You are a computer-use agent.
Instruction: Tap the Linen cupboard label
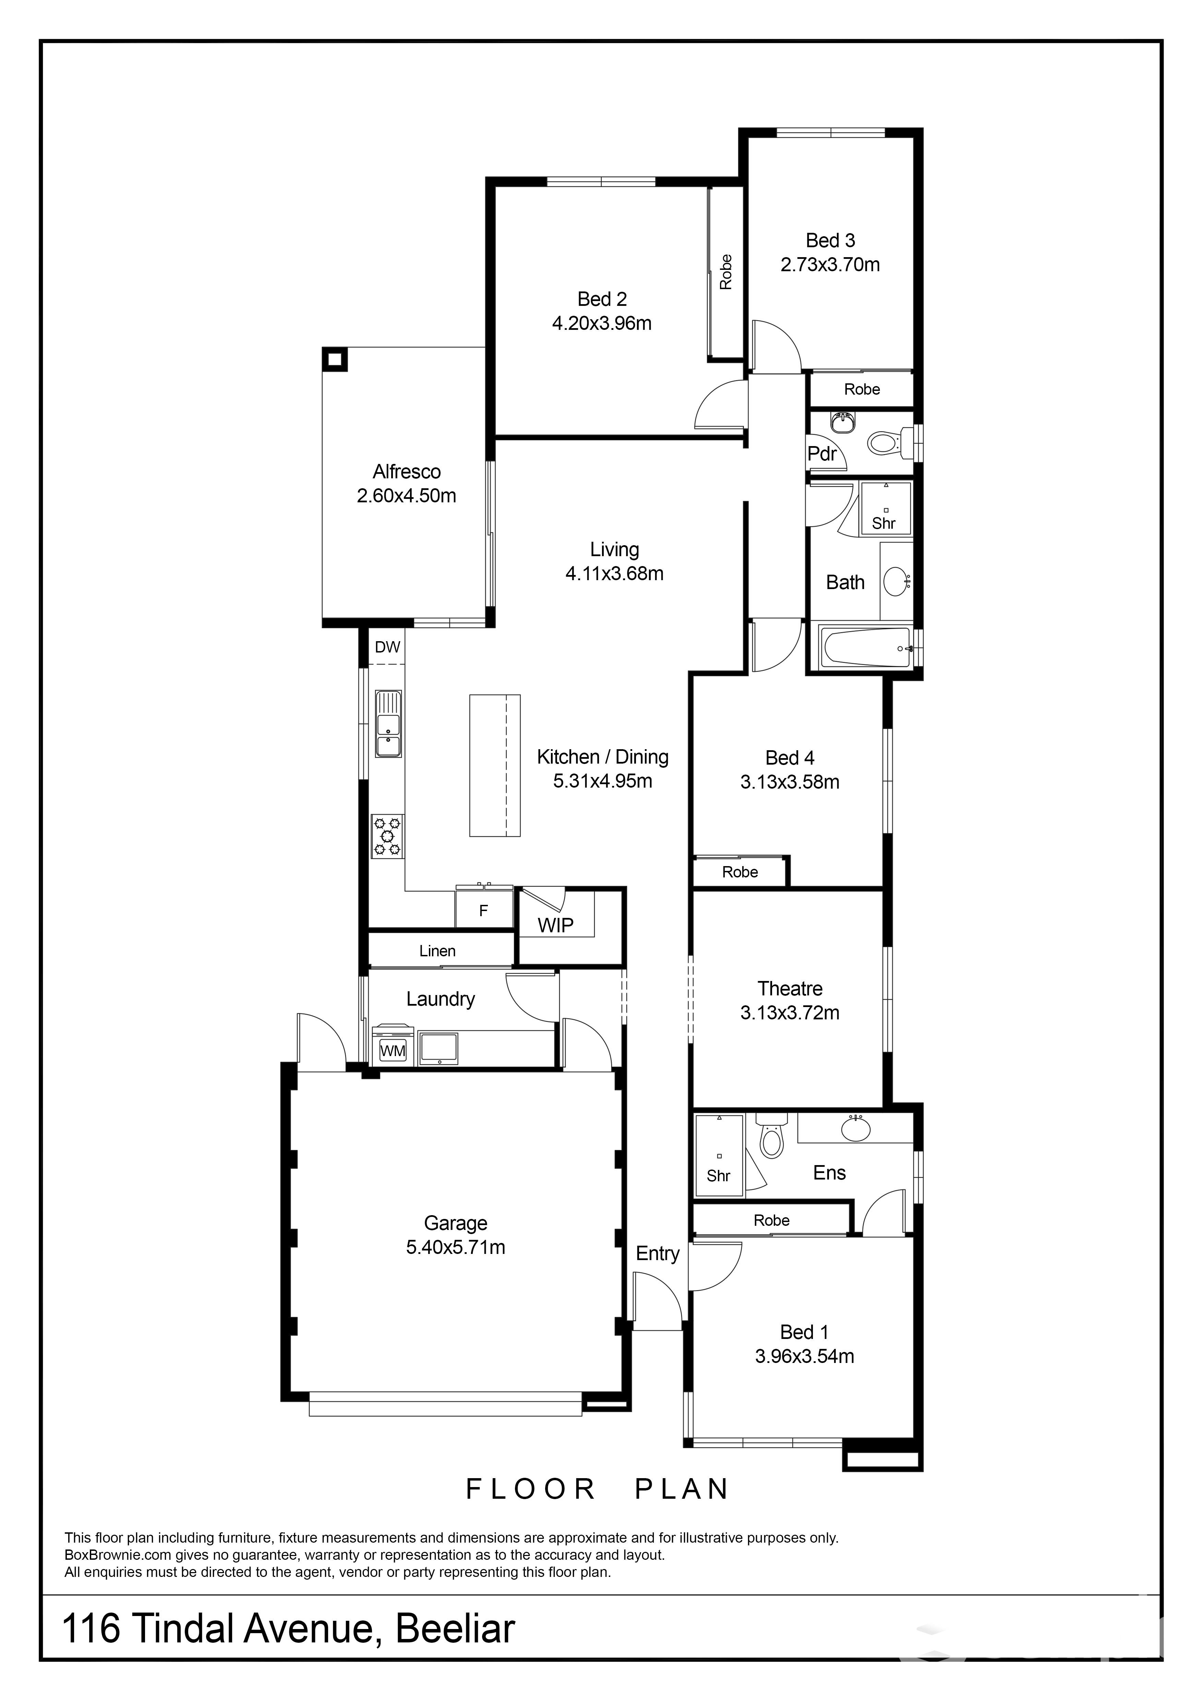tap(437, 951)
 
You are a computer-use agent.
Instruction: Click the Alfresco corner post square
tap(335, 360)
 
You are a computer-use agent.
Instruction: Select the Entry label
tap(657, 1254)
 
